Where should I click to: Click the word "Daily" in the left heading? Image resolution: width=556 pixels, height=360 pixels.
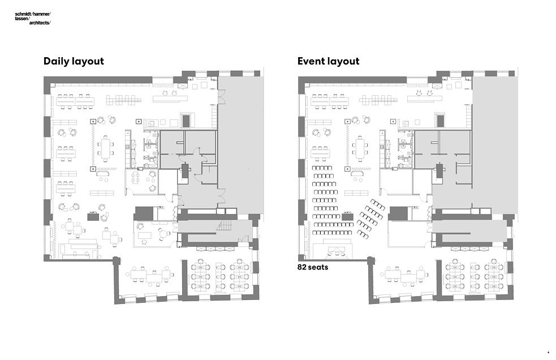tap(57, 61)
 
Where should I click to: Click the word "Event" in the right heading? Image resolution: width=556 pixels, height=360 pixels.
tap(313, 61)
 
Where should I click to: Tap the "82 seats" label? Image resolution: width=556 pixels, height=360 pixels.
tap(313, 267)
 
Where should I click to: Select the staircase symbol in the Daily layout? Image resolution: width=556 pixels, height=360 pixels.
tap(225, 226)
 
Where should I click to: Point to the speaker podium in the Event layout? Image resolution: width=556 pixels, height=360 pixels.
tap(338, 250)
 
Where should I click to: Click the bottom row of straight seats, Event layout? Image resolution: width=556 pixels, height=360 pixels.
tap(332, 231)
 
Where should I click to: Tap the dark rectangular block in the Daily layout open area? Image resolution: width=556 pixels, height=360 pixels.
tap(93, 216)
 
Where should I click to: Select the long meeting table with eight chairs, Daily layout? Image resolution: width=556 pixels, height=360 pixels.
tap(106, 148)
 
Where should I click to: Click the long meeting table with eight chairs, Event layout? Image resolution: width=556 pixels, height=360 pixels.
tap(360, 148)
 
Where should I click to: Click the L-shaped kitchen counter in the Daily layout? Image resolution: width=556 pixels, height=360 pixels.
tap(153, 123)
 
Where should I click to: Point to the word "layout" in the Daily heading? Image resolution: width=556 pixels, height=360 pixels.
tap(88, 61)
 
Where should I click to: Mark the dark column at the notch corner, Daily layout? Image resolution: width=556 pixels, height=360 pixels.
tap(116, 261)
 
